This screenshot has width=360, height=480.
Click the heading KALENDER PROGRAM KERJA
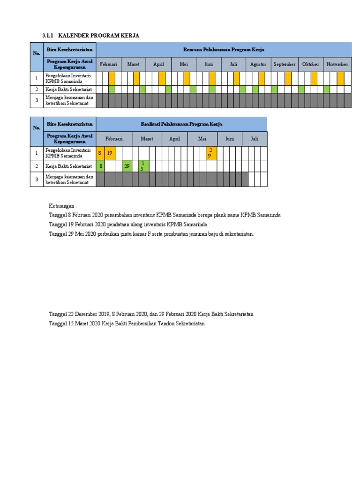(x=98, y=36)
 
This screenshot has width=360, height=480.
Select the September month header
(x=285, y=64)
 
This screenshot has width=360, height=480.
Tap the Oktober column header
(x=310, y=64)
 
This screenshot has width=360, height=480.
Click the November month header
(x=337, y=64)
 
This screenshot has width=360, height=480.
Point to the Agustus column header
(x=258, y=64)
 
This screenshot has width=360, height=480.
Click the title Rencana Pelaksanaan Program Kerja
(x=224, y=49)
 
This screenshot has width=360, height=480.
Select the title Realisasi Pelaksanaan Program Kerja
(x=181, y=124)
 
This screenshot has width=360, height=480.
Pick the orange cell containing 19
(x=110, y=153)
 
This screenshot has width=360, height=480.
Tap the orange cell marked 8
(x=100, y=153)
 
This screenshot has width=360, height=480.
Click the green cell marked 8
(x=100, y=166)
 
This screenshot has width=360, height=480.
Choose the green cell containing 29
(x=127, y=166)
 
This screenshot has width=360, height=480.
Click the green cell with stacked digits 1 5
(x=143, y=166)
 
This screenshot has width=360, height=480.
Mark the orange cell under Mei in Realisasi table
(x=211, y=153)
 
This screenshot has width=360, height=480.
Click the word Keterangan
(x=62, y=206)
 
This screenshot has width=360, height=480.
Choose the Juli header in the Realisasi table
(x=255, y=139)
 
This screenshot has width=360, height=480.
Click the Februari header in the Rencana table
(x=108, y=64)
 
